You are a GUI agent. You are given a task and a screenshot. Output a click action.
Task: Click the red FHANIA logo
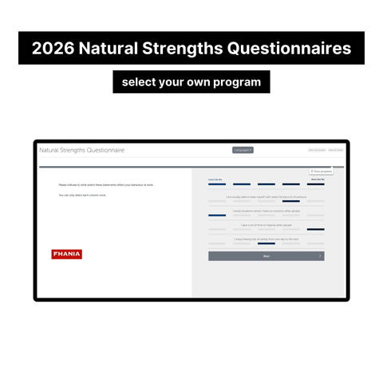tap(66, 255)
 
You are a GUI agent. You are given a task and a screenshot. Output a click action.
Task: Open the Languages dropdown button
tap(243, 150)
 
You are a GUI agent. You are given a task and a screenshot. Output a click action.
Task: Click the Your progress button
tap(322, 171)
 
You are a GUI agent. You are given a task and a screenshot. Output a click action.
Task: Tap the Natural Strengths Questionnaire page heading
tap(82, 150)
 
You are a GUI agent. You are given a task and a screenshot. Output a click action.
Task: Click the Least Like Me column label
tap(215, 180)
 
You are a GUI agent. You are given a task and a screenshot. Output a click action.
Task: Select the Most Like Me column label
tap(317, 180)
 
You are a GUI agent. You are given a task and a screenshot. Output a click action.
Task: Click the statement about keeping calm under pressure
tap(267, 196)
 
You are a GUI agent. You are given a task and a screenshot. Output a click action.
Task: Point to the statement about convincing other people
tap(267, 211)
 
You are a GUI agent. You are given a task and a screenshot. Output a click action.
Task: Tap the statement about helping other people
tap(267, 225)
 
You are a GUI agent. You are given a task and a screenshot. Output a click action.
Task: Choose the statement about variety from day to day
tap(267, 239)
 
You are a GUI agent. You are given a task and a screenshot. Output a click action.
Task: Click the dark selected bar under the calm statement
tap(291, 201)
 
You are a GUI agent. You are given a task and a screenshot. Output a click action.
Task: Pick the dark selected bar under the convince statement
tap(217, 215)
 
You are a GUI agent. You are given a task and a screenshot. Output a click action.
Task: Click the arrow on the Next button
tap(320, 256)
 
